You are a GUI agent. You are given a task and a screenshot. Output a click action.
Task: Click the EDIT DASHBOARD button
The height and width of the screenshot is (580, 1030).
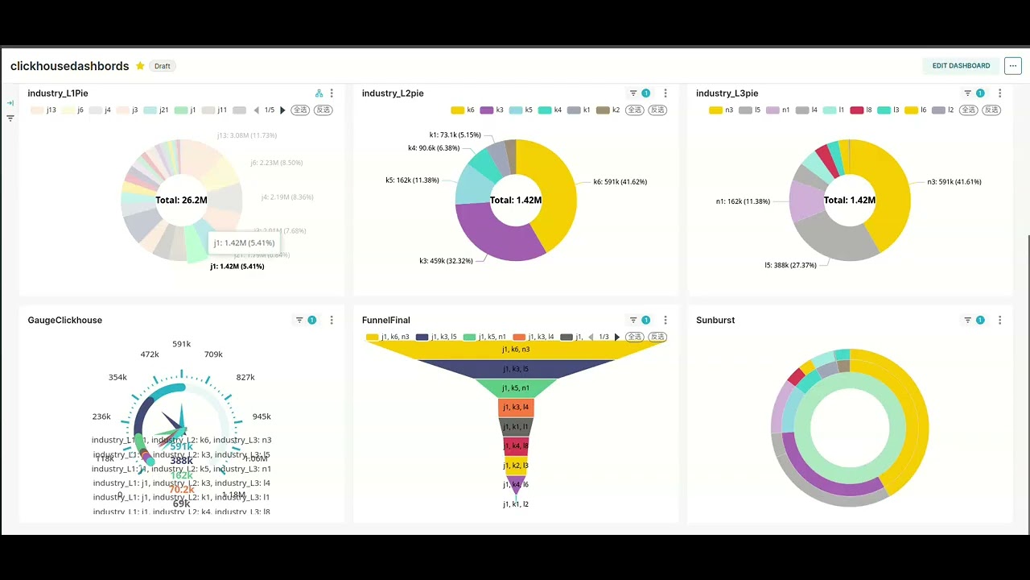pos(961,66)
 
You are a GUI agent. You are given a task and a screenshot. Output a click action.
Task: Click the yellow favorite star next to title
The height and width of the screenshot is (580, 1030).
pos(140,66)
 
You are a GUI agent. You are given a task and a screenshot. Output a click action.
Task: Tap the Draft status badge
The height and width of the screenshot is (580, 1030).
pos(163,66)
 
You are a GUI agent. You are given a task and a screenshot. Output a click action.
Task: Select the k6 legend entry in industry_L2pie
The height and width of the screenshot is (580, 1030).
pos(463,110)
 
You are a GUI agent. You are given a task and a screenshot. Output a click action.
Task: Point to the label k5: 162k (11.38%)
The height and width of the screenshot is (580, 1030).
pos(412,180)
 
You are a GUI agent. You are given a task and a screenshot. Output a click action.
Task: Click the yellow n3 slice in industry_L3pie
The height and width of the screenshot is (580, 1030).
pos(885,193)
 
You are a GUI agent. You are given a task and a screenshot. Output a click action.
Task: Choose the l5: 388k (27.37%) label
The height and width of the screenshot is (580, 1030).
pos(790,265)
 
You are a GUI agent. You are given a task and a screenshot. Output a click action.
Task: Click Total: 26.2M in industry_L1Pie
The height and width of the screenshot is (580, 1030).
pos(181,200)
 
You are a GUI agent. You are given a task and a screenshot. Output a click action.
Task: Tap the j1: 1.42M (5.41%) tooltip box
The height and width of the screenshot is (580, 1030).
pos(244,242)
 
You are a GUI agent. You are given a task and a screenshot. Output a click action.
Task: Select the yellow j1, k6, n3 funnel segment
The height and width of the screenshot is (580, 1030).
pos(516,350)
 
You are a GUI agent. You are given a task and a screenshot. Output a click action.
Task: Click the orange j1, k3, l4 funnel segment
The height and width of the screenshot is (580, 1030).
pos(516,408)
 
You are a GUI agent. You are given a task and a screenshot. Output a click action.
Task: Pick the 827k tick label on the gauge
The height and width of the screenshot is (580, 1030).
pos(245,377)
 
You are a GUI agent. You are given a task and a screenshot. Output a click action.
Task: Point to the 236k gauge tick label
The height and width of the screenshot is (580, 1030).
pos(101,416)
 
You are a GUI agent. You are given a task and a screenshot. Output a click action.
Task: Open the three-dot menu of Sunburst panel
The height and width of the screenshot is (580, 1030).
pos(999,320)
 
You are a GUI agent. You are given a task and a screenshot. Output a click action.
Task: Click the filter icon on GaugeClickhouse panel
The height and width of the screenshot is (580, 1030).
pos(299,320)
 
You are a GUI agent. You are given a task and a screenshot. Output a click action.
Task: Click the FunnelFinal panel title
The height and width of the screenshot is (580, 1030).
pos(385,320)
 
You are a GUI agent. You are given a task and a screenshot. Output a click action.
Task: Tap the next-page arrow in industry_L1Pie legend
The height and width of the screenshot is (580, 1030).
pos(282,110)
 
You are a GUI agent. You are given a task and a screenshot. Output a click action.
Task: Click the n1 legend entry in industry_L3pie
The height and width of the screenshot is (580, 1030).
pos(780,110)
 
